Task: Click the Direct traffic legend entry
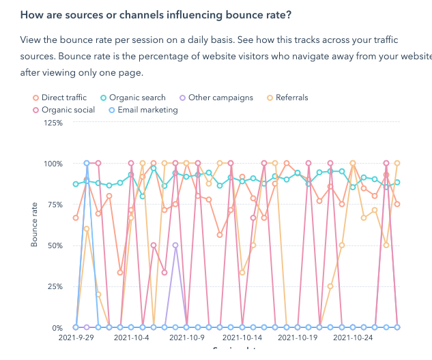click(63, 97)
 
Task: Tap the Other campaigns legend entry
click(216, 97)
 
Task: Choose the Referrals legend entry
click(287, 97)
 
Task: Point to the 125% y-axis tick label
click(53, 123)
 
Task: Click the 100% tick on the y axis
click(53, 164)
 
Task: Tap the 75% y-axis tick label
click(55, 205)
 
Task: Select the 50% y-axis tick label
click(55, 245)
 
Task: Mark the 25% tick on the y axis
click(55, 286)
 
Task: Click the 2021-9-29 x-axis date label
click(76, 337)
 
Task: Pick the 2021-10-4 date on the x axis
click(132, 337)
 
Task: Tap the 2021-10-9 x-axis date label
click(187, 337)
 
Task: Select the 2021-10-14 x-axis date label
click(242, 337)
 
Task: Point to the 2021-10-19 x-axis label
click(298, 337)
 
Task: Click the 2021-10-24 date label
click(353, 337)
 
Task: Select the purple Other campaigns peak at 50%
click(175, 245)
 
